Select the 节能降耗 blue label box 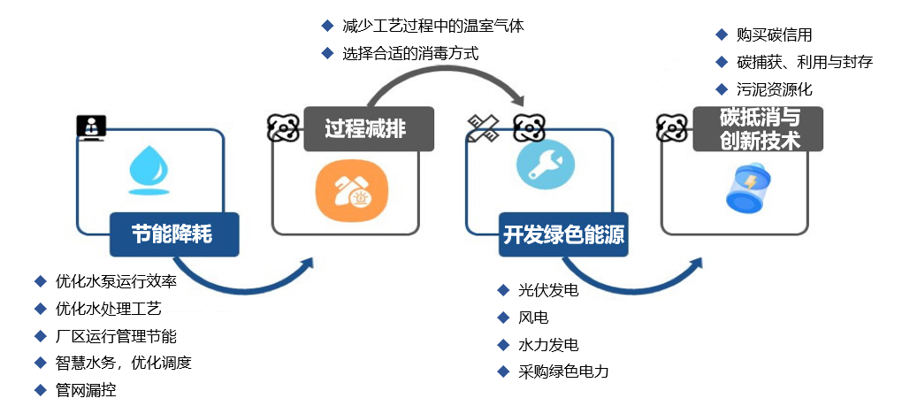pyautogui.click(x=173, y=234)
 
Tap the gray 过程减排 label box pyautogui.click(x=368, y=128)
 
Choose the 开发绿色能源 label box pyautogui.click(x=563, y=234)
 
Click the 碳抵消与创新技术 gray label pyautogui.click(x=759, y=128)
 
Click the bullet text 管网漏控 pyautogui.click(x=86, y=389)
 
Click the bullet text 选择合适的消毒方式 pyautogui.click(x=410, y=53)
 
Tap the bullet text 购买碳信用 pyautogui.click(x=774, y=35)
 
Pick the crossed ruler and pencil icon pyautogui.click(x=484, y=128)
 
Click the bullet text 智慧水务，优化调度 pyautogui.click(x=124, y=363)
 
